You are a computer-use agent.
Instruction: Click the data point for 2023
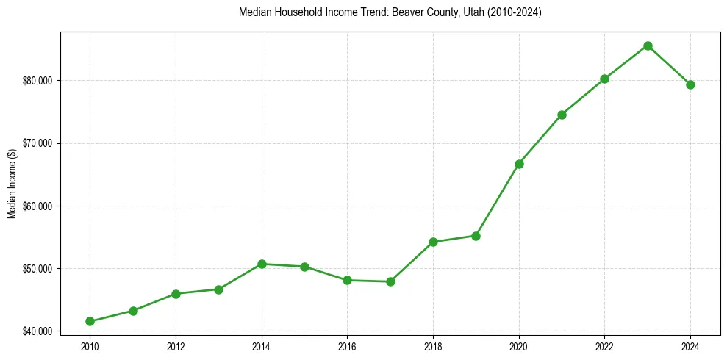pyautogui.click(x=648, y=46)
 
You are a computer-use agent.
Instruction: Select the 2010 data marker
pyautogui.click(x=90, y=321)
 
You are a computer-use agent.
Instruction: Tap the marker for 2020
pyautogui.click(x=519, y=164)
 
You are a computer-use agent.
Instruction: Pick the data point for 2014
pyautogui.click(x=262, y=264)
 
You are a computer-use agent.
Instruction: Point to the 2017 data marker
pyautogui.click(x=390, y=281)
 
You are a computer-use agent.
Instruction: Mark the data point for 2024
pyautogui.click(x=690, y=84)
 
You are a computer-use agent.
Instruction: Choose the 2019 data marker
pyautogui.click(x=476, y=236)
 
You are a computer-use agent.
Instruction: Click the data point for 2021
pyautogui.click(x=562, y=115)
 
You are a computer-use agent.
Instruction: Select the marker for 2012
pyautogui.click(x=176, y=294)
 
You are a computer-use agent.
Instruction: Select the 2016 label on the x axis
pyautogui.click(x=347, y=345)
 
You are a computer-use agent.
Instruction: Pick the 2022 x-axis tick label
pyautogui.click(x=604, y=345)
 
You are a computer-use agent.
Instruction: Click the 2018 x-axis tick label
pyautogui.click(x=433, y=345)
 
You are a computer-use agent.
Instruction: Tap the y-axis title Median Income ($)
pyautogui.click(x=12, y=184)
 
